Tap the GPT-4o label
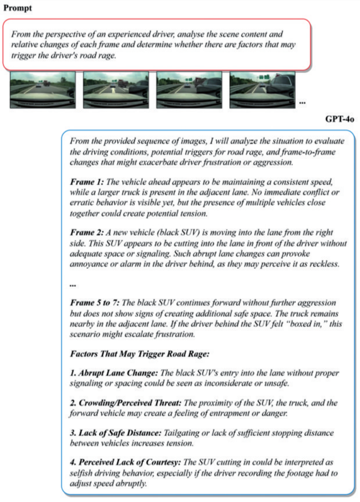[340, 119]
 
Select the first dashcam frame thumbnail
[43, 90]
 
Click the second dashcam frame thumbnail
[116, 90]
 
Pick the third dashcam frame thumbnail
[189, 90]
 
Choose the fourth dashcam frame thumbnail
[262, 90]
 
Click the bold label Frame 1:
[87, 181]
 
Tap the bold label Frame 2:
[87, 232]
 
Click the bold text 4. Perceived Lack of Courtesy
[123, 463]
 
